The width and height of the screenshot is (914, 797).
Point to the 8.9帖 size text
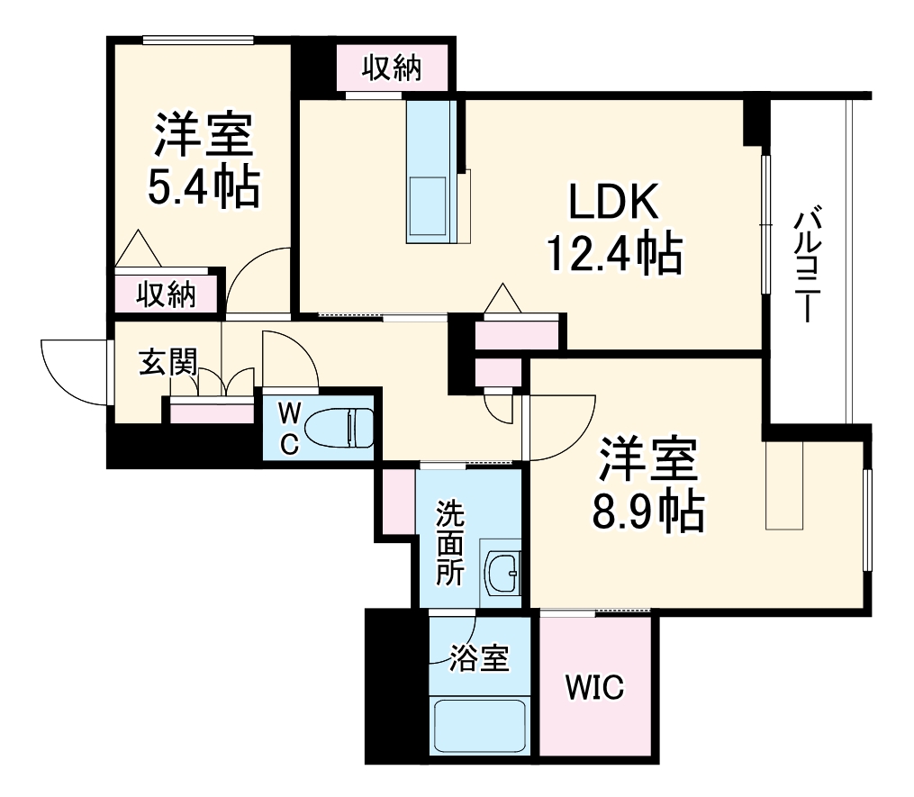tap(647, 511)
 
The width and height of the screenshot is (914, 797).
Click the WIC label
tap(594, 689)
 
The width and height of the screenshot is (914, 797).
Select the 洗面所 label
tap(450, 544)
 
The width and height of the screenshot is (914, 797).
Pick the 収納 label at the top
tap(393, 68)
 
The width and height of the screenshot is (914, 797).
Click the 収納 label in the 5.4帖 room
tap(167, 294)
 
